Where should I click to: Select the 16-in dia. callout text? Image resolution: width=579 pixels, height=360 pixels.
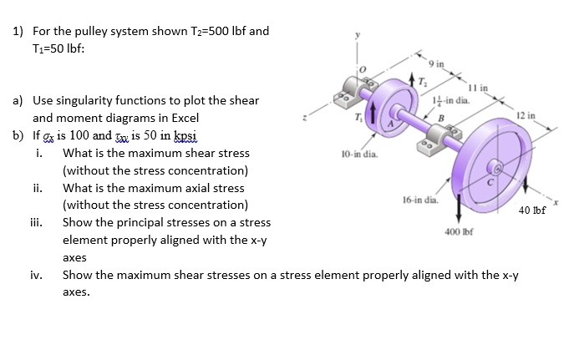click(x=419, y=200)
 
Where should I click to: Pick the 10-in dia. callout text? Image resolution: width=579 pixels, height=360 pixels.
click(x=360, y=154)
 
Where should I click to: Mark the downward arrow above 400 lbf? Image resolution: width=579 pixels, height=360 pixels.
click(x=459, y=208)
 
